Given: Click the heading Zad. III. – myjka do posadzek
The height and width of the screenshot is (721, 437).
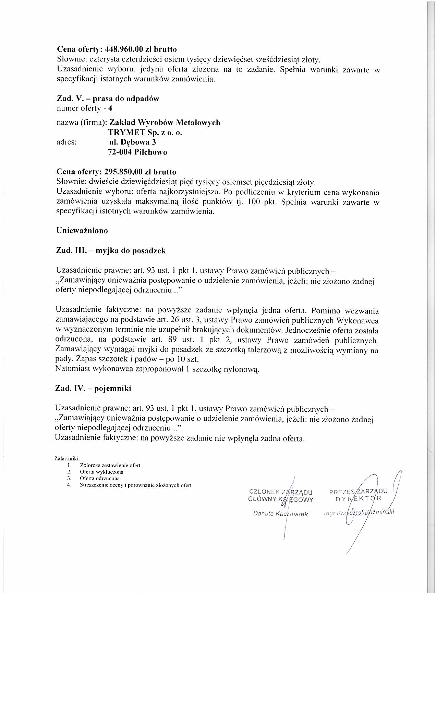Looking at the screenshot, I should click(x=111, y=251).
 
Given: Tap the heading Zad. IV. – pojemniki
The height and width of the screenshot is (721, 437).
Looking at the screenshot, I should click(x=93, y=389).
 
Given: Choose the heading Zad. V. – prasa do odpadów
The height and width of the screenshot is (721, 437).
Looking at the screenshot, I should click(x=108, y=99).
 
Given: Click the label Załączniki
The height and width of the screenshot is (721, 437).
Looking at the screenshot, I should click(x=67, y=458).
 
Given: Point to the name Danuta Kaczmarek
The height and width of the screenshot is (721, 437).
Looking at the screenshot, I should click(x=280, y=514).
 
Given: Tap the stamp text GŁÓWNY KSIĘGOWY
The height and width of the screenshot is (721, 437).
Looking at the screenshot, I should click(x=280, y=499).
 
